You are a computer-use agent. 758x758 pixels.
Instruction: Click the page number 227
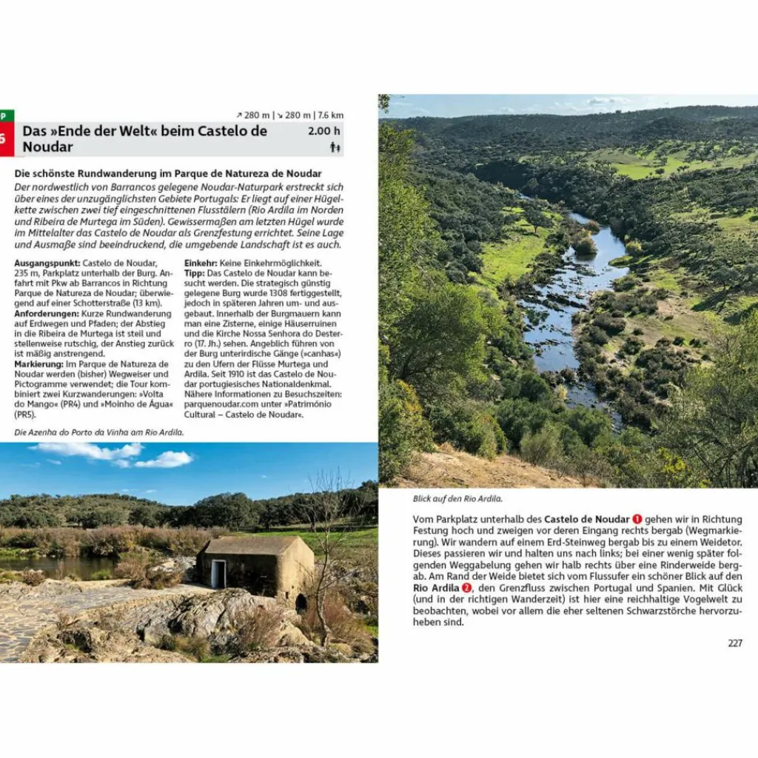(x=734, y=643)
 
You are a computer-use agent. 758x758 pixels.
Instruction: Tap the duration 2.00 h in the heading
(x=324, y=131)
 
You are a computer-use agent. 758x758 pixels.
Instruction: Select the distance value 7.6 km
(x=331, y=115)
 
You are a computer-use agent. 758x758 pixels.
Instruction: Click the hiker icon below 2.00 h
(x=335, y=147)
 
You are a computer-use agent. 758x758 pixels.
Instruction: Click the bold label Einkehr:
(x=201, y=263)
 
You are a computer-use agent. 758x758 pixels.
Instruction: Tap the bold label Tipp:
(x=195, y=272)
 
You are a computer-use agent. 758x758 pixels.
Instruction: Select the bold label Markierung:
(x=38, y=363)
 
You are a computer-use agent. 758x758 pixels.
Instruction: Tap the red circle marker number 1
(x=637, y=519)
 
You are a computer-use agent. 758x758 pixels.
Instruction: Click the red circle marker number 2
(x=466, y=587)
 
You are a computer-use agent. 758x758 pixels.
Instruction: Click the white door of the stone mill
(x=218, y=574)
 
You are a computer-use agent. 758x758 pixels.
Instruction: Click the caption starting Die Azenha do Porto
(x=99, y=432)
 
